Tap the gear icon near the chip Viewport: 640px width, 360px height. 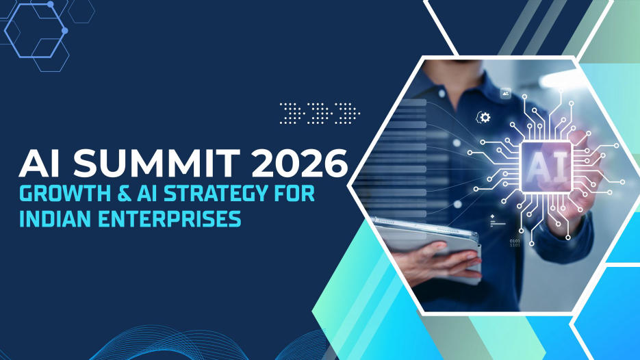pyautogui.click(x=485, y=118)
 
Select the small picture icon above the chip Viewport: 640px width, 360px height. pyautogui.click(x=506, y=92)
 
